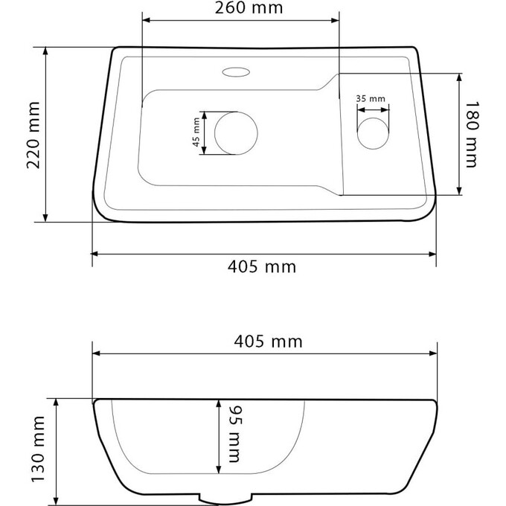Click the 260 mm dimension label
[x=239, y=10]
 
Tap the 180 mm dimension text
[x=470, y=135]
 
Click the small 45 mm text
[x=196, y=133]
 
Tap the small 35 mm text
[x=370, y=98]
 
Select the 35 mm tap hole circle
[x=372, y=134]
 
